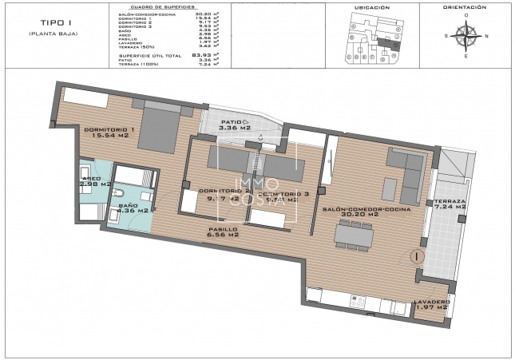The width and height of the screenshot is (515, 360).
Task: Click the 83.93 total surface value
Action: pyautogui.click(x=206, y=53)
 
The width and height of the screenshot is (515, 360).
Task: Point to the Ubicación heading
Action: pyautogui.click(x=371, y=8)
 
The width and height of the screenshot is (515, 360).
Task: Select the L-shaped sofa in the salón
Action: pyautogui.click(x=408, y=173)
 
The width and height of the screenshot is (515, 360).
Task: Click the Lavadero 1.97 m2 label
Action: pyautogui.click(x=431, y=305)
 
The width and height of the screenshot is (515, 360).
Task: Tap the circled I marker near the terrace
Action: pyautogui.click(x=416, y=257)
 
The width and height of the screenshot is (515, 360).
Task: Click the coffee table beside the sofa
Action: pyautogui.click(x=388, y=188)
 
